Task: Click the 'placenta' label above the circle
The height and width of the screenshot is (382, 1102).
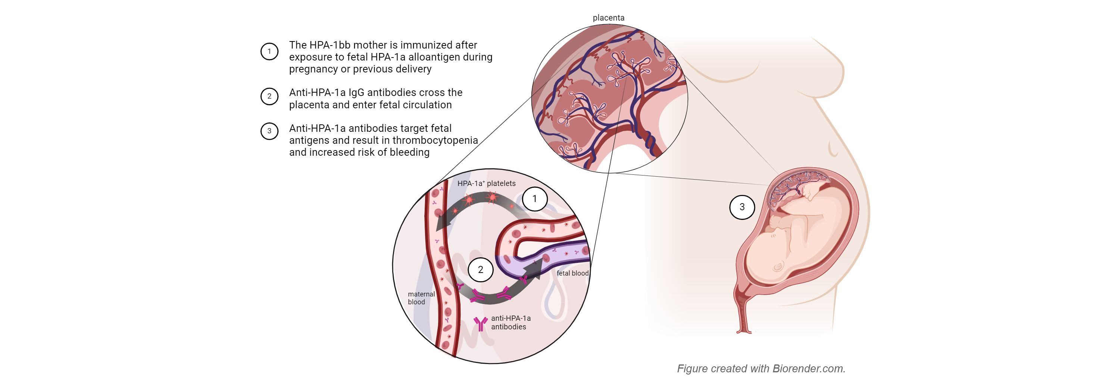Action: (608, 18)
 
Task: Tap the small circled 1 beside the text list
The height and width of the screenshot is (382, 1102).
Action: (269, 52)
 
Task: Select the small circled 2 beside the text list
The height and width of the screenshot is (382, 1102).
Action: (269, 96)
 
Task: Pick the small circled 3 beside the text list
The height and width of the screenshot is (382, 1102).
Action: (269, 131)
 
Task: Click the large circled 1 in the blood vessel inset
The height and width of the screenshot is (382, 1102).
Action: (534, 199)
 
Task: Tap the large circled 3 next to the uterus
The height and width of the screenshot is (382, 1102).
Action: (742, 207)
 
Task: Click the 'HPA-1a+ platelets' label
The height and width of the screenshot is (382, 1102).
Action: (486, 184)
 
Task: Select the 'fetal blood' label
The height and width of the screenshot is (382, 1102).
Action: (572, 273)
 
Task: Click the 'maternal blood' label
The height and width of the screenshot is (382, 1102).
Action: (421, 298)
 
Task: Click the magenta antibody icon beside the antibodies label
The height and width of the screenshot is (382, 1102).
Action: (480, 324)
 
